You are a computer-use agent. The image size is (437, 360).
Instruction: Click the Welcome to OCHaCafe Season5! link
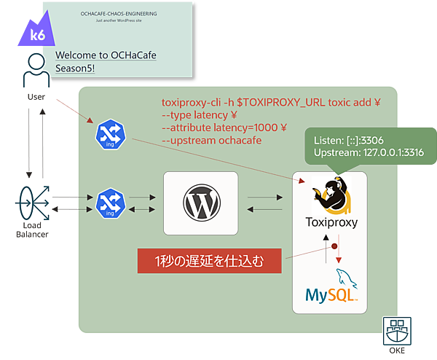pyautogui.click(x=106, y=60)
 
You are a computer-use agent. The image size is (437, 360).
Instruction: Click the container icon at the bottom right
pyautogui.click(x=398, y=330)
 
